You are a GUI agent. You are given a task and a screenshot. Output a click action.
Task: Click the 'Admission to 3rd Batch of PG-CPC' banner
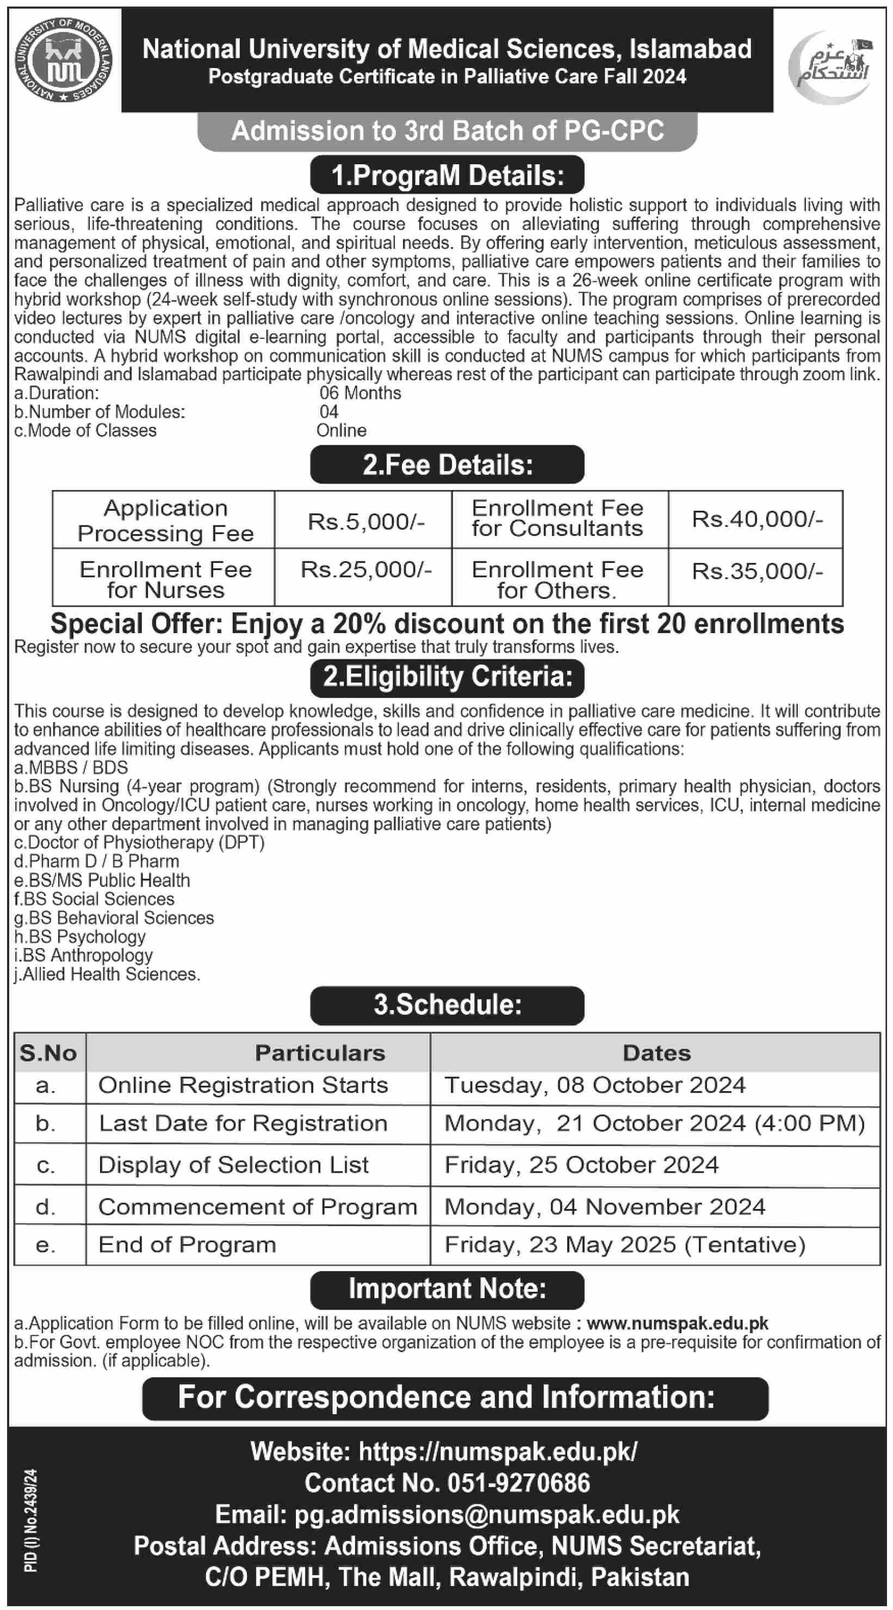click(x=447, y=131)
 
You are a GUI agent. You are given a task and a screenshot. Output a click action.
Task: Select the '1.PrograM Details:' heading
click(x=447, y=175)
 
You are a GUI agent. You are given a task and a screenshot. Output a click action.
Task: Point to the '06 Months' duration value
click(x=360, y=393)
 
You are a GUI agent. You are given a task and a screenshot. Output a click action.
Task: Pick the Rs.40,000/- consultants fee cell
click(x=756, y=519)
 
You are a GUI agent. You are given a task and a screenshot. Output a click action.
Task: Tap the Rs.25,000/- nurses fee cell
click(x=365, y=570)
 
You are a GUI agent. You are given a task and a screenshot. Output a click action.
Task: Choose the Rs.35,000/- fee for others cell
click(x=756, y=571)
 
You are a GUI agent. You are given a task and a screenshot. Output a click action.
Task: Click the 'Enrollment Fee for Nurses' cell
click(x=165, y=579)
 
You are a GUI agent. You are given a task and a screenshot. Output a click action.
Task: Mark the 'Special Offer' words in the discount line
click(x=138, y=624)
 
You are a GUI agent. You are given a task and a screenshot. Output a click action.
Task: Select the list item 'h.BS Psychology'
click(x=79, y=937)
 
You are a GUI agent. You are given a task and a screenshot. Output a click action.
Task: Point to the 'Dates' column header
click(x=656, y=1053)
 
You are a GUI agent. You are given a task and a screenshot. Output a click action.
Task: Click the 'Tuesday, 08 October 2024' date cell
click(x=594, y=1086)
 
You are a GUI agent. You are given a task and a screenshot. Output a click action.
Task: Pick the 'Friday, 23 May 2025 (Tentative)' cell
click(x=624, y=1245)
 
